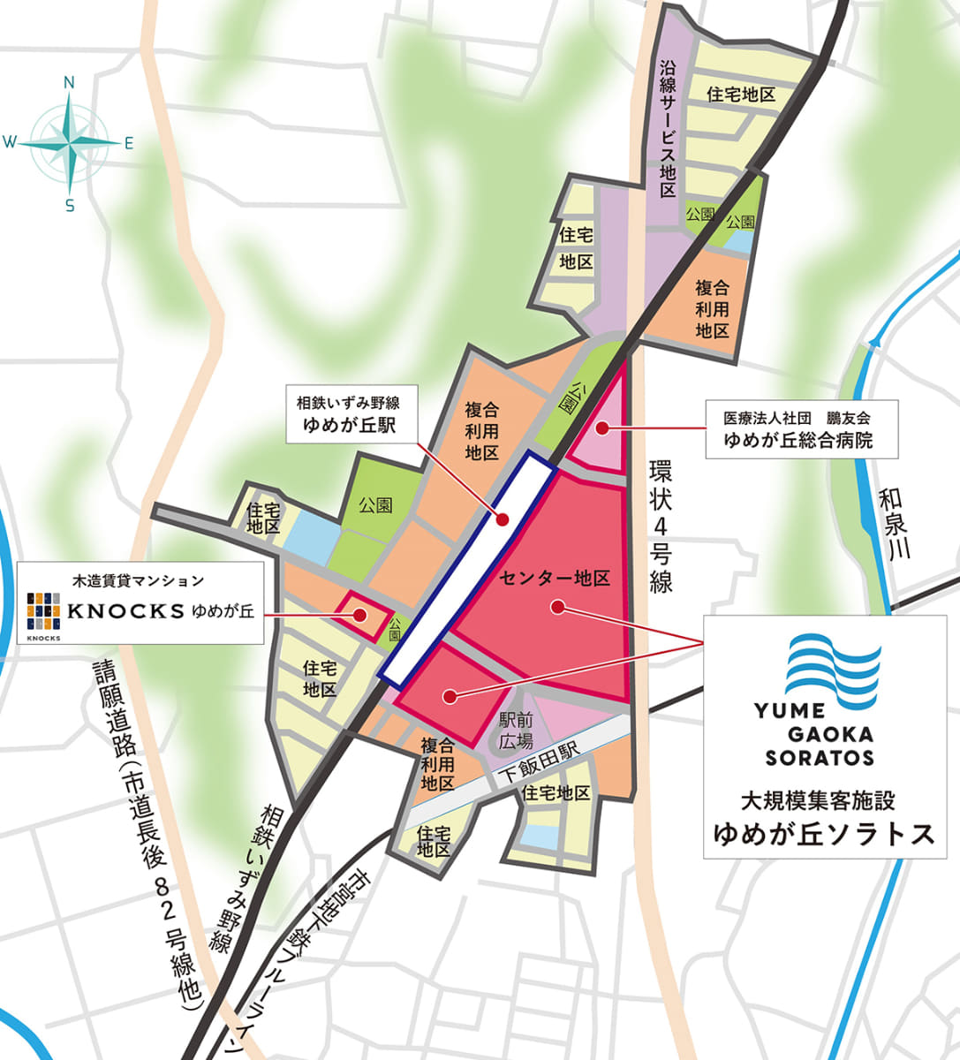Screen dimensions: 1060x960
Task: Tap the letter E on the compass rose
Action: (x=129, y=143)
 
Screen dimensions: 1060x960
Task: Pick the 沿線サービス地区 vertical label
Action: (x=668, y=129)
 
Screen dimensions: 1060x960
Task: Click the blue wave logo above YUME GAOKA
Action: (x=833, y=667)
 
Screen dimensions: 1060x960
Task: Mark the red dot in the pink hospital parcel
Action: (x=601, y=429)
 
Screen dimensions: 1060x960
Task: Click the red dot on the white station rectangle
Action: (x=502, y=519)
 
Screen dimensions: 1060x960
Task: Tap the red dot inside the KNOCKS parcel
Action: (x=360, y=616)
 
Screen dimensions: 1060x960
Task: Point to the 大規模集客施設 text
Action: (x=818, y=802)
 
